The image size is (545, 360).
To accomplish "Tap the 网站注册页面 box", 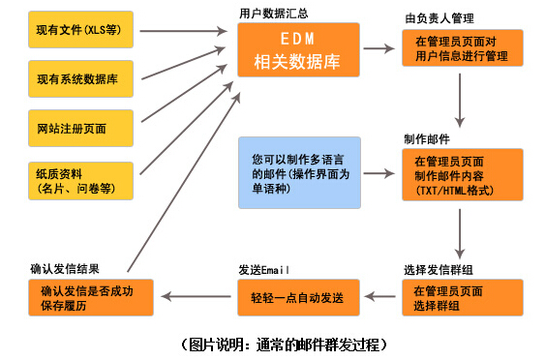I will point(83,129).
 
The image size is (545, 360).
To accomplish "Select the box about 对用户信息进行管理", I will point(463,49).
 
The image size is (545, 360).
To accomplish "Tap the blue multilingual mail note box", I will point(300,173).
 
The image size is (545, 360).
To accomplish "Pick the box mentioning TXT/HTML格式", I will point(463,175).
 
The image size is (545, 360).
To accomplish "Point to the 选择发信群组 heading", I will point(439,269).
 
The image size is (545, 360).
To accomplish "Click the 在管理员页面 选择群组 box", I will point(463,298).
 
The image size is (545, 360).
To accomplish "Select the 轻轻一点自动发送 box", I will point(300,297).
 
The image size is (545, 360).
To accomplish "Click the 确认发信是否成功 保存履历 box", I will point(91,297).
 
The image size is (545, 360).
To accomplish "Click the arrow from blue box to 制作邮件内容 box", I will point(382,174).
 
